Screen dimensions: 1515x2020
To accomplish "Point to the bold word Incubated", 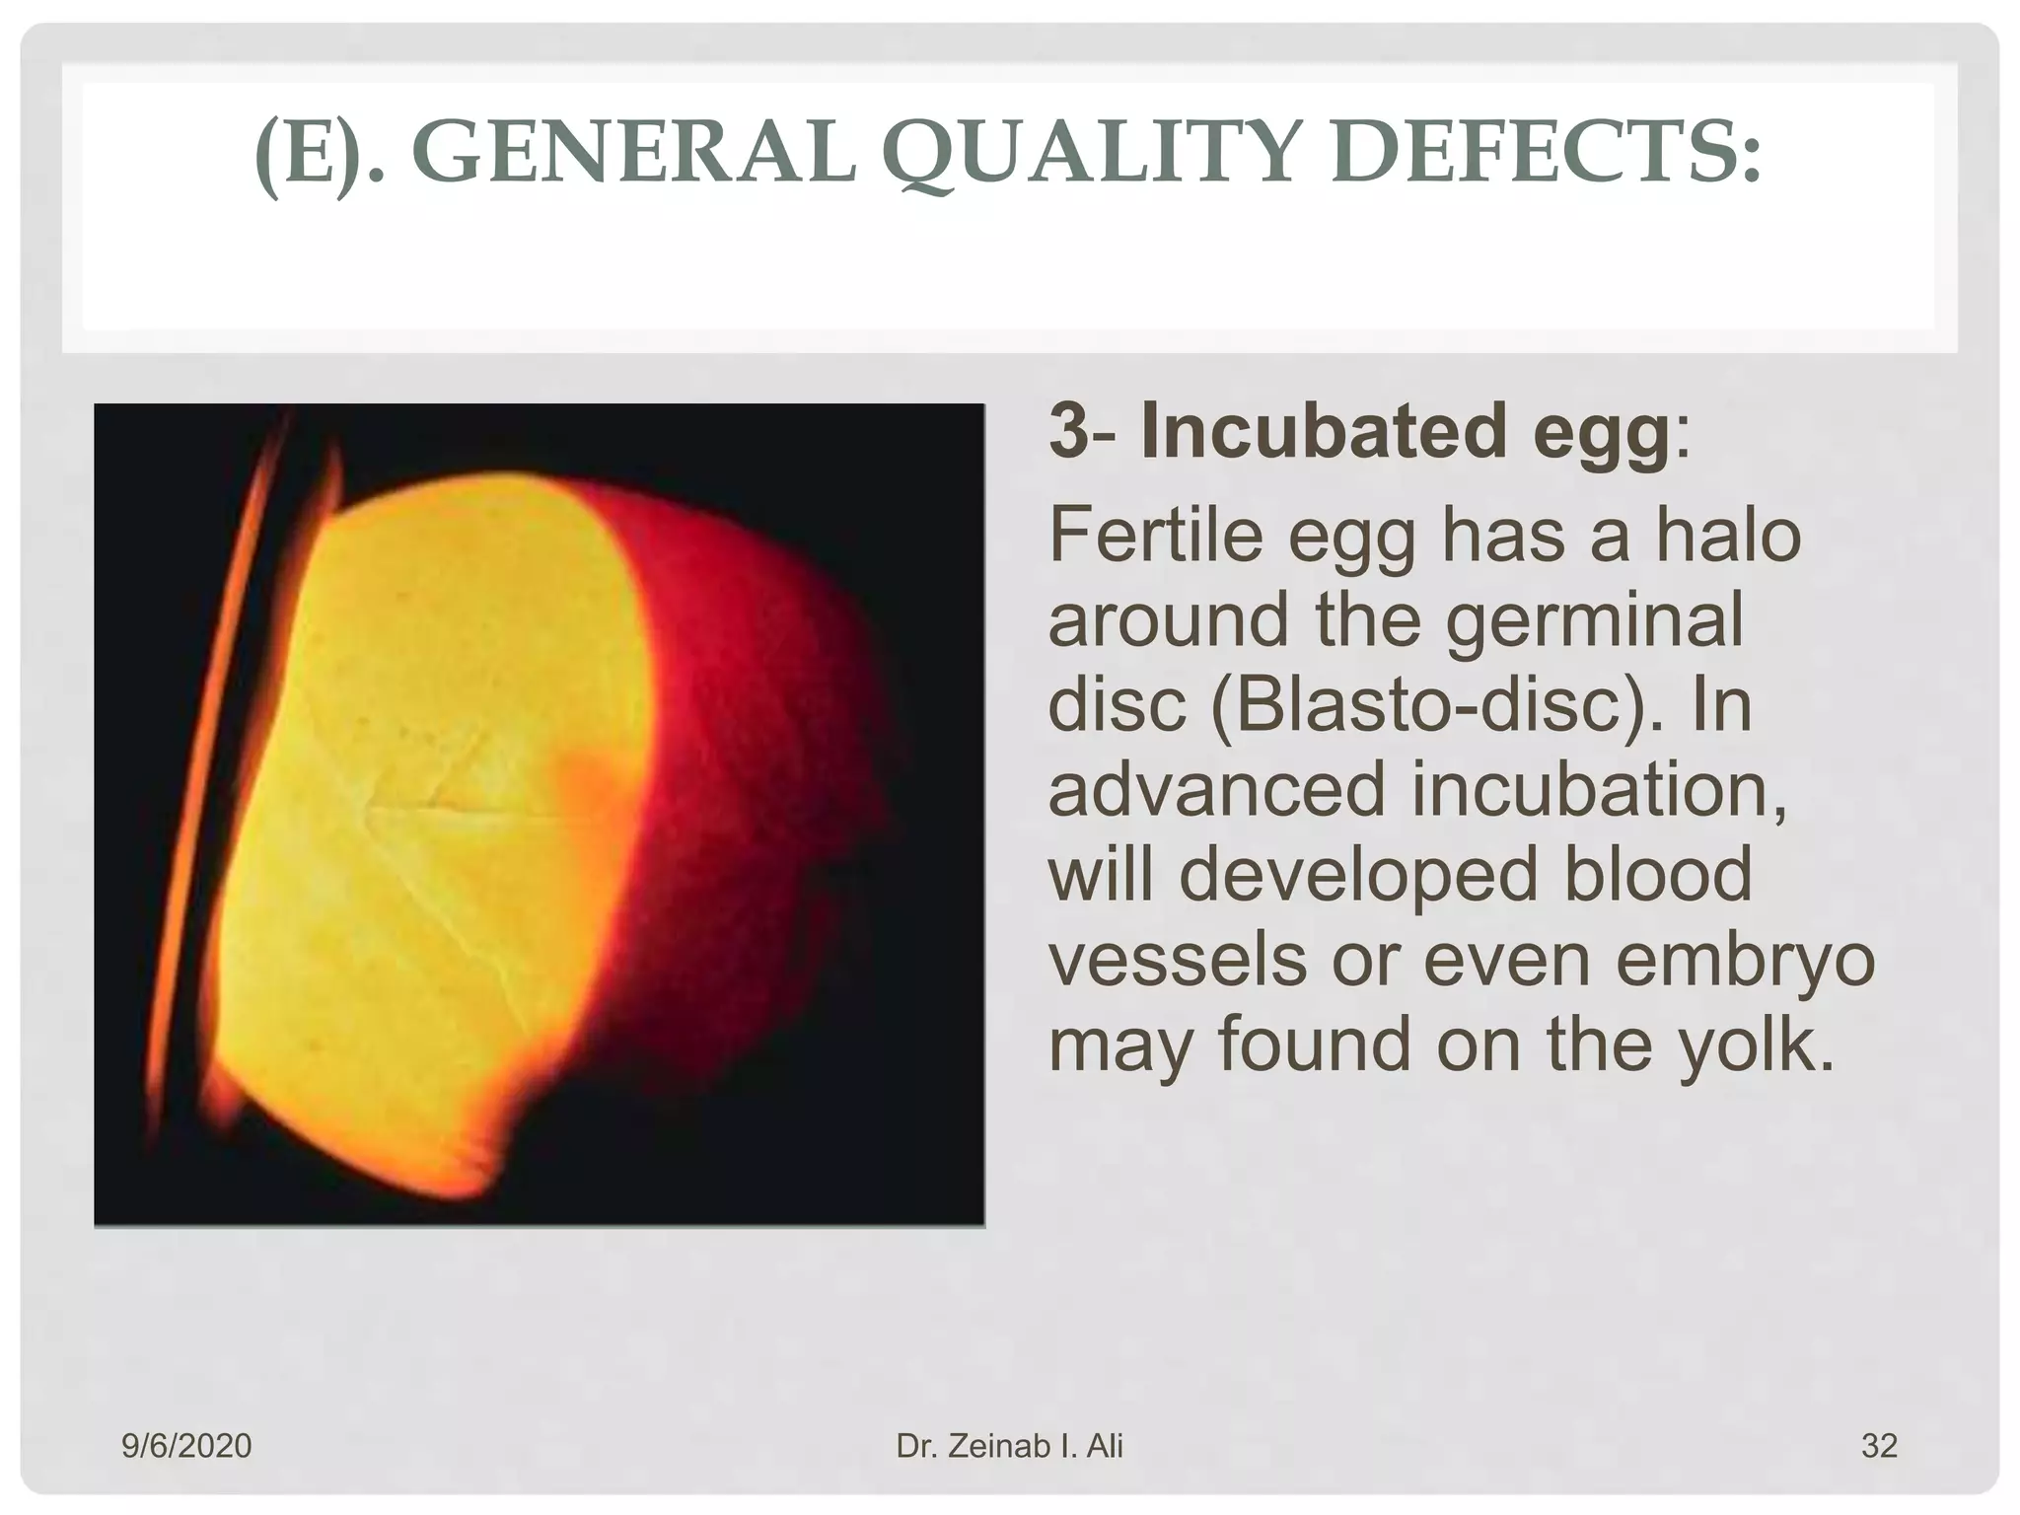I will (x=1323, y=432).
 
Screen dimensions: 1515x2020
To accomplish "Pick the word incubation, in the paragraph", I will (x=1599, y=790).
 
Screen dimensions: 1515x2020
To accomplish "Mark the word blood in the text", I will (x=1658, y=874).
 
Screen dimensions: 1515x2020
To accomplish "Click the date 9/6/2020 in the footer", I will (x=186, y=1446).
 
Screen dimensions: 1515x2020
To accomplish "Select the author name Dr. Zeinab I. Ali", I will (x=1009, y=1446).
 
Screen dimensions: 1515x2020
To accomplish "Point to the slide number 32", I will (x=1878, y=1446).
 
